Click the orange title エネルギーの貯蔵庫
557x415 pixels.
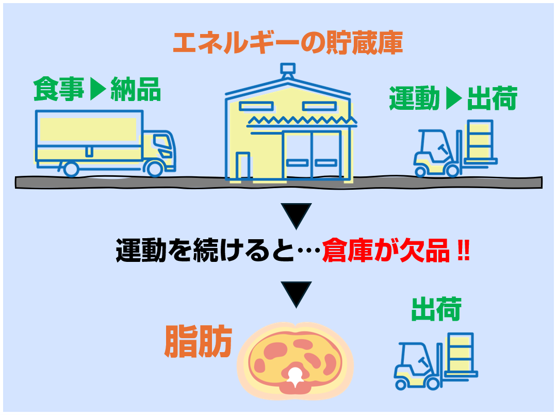click(x=288, y=43)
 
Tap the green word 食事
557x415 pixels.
click(x=59, y=89)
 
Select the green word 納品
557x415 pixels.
click(x=136, y=89)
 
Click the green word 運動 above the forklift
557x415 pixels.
click(x=415, y=98)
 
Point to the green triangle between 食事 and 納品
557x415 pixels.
click(x=97, y=89)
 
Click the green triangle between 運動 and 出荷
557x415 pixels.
click(x=454, y=98)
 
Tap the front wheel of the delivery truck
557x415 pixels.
click(x=155, y=169)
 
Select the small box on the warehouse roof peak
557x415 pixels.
click(x=288, y=68)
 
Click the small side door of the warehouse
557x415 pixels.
click(x=243, y=165)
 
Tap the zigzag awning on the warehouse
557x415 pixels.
click(x=302, y=121)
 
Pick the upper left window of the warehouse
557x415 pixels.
click(x=256, y=106)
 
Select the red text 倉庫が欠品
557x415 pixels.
click(x=386, y=251)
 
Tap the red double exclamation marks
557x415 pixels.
click(x=463, y=251)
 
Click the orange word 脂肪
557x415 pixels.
click(x=198, y=341)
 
